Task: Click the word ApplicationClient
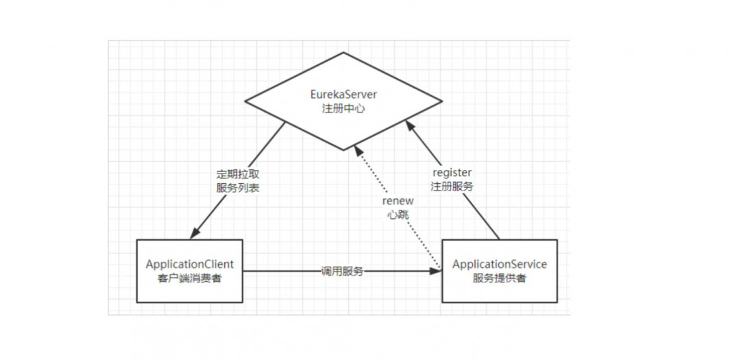pyautogui.click(x=190, y=264)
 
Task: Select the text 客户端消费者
pyautogui.click(x=190, y=278)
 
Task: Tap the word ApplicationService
pyautogui.click(x=500, y=264)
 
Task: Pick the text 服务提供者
pyautogui.click(x=500, y=278)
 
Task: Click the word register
pyautogui.click(x=452, y=172)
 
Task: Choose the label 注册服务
pyautogui.click(x=452, y=186)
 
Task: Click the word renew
pyautogui.click(x=397, y=201)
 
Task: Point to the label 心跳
pyautogui.click(x=397, y=215)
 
